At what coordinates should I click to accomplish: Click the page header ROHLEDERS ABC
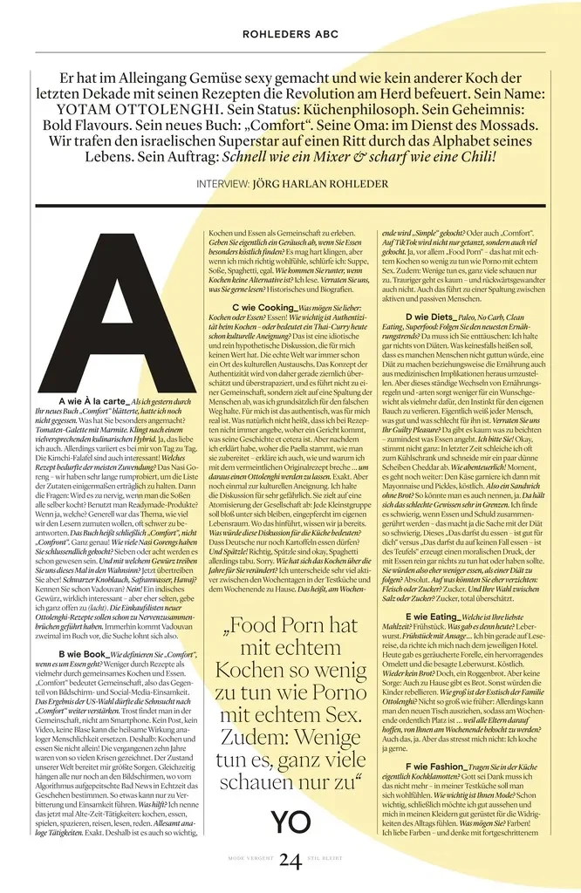(x=290, y=35)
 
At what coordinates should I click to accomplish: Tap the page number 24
(x=290, y=862)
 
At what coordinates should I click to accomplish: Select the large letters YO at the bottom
(x=290, y=821)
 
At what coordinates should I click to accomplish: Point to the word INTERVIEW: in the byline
(x=222, y=184)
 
